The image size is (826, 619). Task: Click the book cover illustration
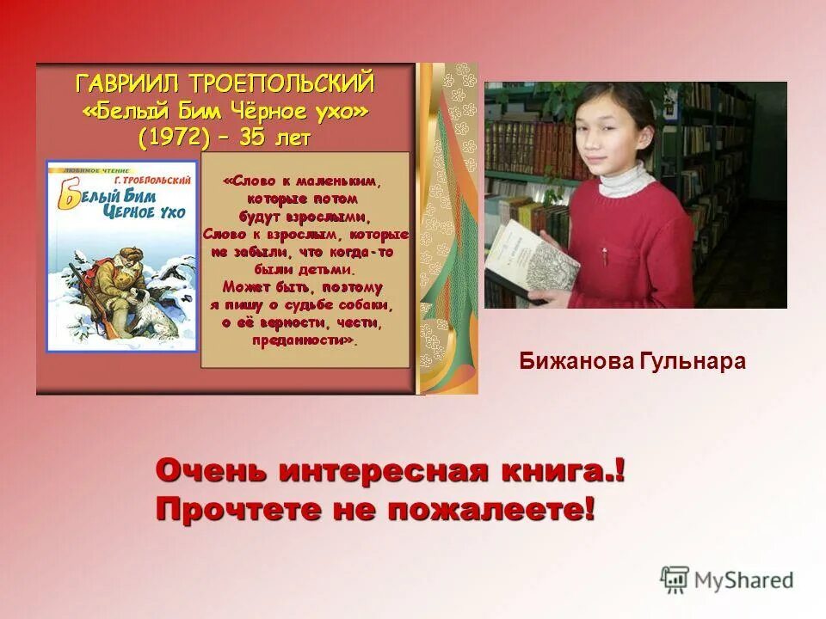(x=121, y=255)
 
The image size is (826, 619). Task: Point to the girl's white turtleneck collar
(x=621, y=180)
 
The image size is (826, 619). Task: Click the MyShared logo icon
(x=675, y=580)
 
